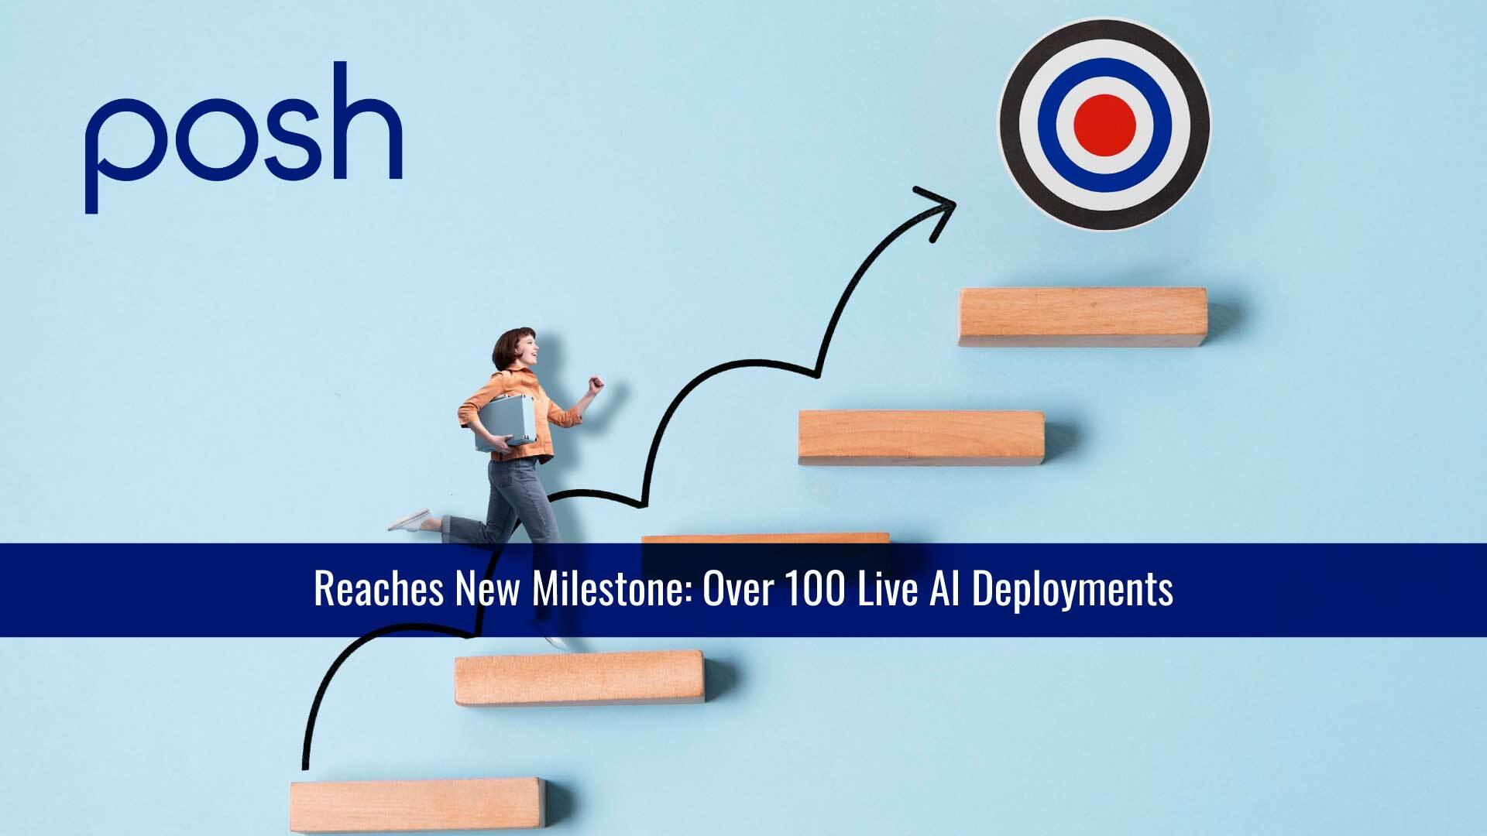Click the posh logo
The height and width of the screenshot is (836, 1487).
coord(242,135)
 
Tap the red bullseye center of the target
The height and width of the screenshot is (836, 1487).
coord(1104,124)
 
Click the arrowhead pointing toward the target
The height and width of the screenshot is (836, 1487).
coord(938,208)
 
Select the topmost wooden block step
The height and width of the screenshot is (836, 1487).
coord(1083,317)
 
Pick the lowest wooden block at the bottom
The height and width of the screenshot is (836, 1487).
coord(417,805)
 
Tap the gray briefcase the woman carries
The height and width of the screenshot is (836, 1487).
coord(504,422)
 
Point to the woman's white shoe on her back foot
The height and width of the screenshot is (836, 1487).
coord(408,520)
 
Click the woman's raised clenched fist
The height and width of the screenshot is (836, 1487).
coord(595,384)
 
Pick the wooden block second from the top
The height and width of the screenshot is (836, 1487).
coord(921,437)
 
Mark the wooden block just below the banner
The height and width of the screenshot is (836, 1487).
coord(579,677)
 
